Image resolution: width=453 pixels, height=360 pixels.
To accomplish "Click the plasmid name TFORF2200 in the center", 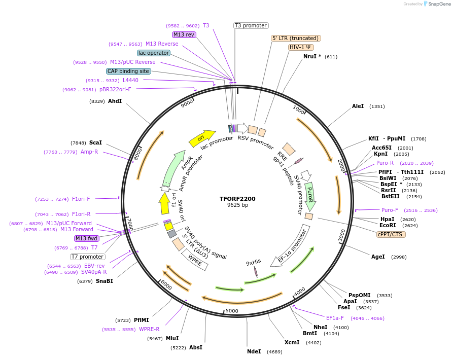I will click(x=237, y=199).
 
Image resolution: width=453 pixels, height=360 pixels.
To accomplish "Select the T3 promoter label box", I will click(x=251, y=25).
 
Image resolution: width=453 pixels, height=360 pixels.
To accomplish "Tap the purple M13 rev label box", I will click(x=184, y=34).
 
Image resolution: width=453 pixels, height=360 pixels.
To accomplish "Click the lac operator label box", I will click(x=153, y=53).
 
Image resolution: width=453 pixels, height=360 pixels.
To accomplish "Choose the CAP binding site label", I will click(x=128, y=71).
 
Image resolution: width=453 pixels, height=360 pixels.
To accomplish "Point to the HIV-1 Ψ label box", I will click(x=300, y=47).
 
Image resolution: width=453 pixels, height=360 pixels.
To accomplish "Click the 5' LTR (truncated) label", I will click(x=296, y=38).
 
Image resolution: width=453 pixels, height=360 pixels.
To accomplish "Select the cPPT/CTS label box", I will click(x=391, y=234).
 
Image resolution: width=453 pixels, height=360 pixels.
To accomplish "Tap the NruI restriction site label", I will click(x=312, y=56).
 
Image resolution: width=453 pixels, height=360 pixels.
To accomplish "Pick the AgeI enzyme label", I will click(x=378, y=257).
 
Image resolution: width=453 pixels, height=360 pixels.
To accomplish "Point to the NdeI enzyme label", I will click(x=254, y=351).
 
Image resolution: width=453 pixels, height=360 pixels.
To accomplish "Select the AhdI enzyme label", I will click(x=115, y=101).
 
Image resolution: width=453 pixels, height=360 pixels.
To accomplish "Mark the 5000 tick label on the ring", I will click(x=232, y=310).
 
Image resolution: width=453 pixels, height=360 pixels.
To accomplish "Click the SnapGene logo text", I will click(x=439, y=4).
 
